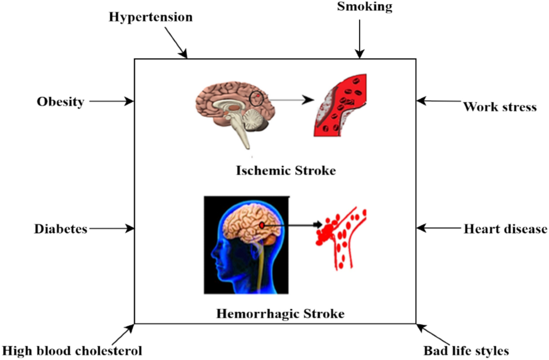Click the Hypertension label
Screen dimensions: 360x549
coord(151,18)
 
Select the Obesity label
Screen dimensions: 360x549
coord(60,102)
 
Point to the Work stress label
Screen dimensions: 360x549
coord(499,107)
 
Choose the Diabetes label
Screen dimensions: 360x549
coord(60,228)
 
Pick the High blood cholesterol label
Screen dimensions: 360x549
coord(72,351)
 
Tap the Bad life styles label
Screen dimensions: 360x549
coord(466,351)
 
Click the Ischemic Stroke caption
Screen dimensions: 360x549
coord(286,171)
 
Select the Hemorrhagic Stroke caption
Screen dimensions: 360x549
coord(280,314)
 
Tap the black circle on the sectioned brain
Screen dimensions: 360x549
coord(257,98)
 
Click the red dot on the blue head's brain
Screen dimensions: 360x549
coord(262,225)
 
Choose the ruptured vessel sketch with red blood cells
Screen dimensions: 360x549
coord(341,238)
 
